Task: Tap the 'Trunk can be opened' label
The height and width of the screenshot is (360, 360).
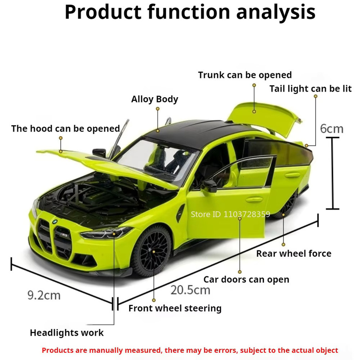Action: (245, 75)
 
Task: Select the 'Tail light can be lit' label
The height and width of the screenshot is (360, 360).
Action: (310, 89)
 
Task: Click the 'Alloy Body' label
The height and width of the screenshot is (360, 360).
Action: (154, 100)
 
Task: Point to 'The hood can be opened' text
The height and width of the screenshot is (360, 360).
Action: (66, 128)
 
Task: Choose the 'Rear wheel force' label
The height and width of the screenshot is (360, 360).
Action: (294, 254)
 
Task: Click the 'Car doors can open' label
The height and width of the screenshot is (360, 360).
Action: (246, 280)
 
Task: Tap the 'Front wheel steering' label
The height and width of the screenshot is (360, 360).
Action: (175, 308)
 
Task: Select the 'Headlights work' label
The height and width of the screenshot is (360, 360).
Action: (66, 333)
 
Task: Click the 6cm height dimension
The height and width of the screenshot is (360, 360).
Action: (332, 129)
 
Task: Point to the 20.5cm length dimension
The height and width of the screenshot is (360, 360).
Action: (190, 290)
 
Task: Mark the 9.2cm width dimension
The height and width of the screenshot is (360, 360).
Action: (44, 295)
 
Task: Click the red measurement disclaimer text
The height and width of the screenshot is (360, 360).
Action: (190, 350)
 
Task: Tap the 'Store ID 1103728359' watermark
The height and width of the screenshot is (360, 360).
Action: (230, 214)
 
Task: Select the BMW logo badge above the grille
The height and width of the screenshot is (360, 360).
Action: (55, 222)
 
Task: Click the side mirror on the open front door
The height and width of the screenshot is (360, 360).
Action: (209, 186)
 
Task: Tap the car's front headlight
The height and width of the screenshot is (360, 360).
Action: (106, 233)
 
